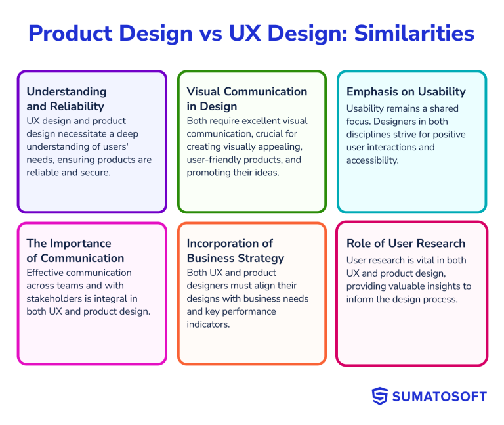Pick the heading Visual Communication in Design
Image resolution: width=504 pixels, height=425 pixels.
coord(247,99)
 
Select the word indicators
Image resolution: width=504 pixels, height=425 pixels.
coord(208,324)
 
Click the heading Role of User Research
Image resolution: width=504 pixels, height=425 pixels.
coord(406,244)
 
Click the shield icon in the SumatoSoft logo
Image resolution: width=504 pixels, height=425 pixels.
coord(380,396)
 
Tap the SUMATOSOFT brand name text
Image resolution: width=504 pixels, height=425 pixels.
coord(440,396)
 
